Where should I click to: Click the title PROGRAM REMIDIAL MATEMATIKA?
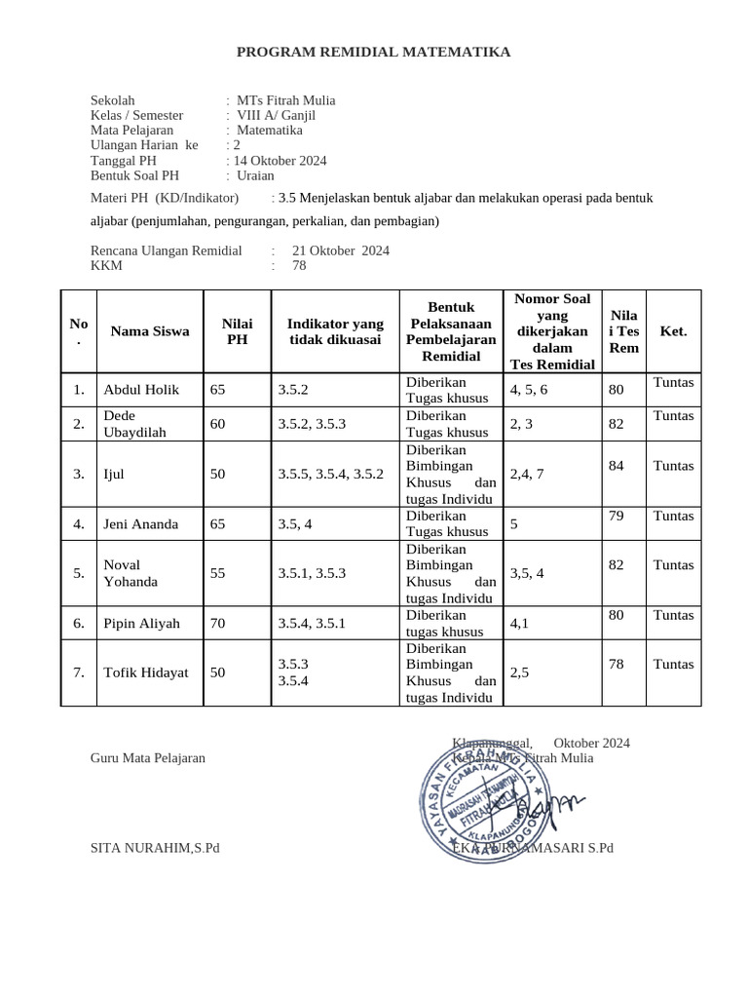(x=373, y=53)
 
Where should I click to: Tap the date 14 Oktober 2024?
(x=280, y=161)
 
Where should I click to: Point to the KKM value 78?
(x=299, y=265)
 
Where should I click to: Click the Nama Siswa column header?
(x=150, y=331)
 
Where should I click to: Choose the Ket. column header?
(x=673, y=331)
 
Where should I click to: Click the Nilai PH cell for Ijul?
(x=218, y=475)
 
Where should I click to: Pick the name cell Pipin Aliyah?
(x=141, y=624)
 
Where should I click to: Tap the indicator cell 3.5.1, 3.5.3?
(x=312, y=573)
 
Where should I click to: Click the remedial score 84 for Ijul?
(x=616, y=466)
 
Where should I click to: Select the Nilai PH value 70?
(x=218, y=624)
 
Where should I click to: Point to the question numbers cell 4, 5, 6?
(x=529, y=390)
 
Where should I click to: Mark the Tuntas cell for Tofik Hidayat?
(x=673, y=665)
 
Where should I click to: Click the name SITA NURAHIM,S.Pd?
(x=155, y=848)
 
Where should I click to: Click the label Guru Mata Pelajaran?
(x=148, y=757)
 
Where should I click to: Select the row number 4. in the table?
(x=79, y=524)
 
